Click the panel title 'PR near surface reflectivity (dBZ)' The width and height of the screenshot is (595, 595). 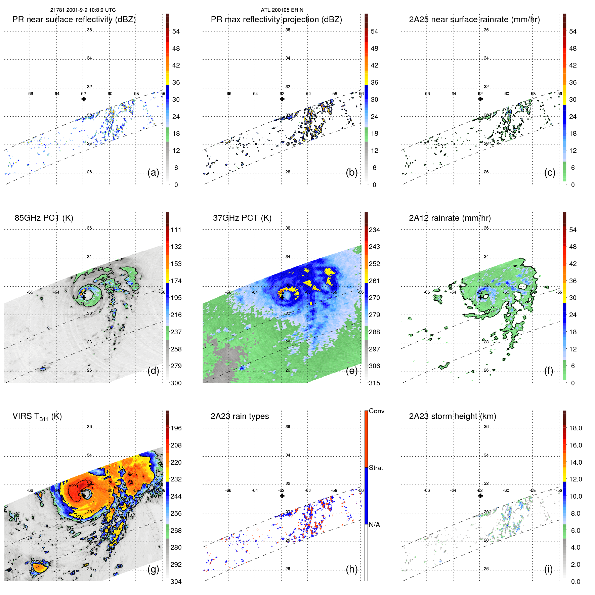74,19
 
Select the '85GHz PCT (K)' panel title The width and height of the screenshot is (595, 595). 44,218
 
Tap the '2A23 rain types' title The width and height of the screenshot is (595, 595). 240,416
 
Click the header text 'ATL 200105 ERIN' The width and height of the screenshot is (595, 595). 282,10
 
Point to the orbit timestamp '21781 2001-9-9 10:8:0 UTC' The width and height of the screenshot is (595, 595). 83,10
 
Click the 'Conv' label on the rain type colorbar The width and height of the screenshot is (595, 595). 376,411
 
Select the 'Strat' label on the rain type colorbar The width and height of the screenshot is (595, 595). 376,468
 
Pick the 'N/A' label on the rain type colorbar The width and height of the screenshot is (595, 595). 375,525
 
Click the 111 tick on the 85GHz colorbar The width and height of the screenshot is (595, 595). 176,230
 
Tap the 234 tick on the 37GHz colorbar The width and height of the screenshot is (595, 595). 374,230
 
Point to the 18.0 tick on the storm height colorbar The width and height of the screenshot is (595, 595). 575,428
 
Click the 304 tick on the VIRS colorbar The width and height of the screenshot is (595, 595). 176,582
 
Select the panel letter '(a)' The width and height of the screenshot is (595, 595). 153,173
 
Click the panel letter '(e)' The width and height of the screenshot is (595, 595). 351,371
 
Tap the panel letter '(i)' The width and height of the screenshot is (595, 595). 548,569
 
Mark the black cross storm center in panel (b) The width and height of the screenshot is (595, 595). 282,99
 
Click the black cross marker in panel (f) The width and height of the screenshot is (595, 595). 480,297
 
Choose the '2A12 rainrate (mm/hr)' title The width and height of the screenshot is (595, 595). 450,218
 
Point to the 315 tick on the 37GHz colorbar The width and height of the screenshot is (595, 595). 374,383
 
